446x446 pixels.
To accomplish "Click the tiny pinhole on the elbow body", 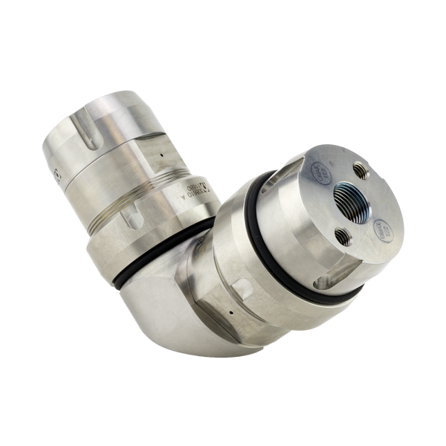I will click(x=233, y=313).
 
